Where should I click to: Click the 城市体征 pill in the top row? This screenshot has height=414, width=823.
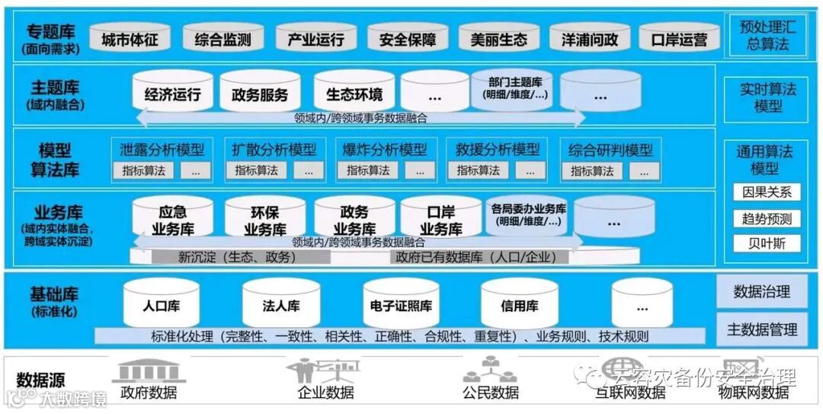[130, 40]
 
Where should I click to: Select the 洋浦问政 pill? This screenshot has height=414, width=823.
[589, 40]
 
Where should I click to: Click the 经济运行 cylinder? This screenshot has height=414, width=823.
[172, 94]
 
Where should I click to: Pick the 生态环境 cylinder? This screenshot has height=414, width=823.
[354, 94]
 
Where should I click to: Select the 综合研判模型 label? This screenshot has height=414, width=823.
[610, 149]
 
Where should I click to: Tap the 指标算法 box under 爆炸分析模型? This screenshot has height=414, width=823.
[368, 171]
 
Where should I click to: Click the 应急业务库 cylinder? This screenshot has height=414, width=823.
[172, 220]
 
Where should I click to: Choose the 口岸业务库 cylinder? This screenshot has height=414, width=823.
[441, 220]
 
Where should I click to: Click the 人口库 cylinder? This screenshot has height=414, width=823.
[161, 306]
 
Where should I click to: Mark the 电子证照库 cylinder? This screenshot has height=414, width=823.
[401, 306]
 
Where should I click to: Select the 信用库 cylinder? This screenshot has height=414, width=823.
[519, 306]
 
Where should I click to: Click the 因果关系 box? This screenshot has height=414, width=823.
[767, 192]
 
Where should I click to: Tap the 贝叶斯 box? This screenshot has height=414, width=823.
[767, 243]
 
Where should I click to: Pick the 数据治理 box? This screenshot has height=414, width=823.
[762, 291]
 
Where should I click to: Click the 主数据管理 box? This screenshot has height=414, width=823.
[762, 329]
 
